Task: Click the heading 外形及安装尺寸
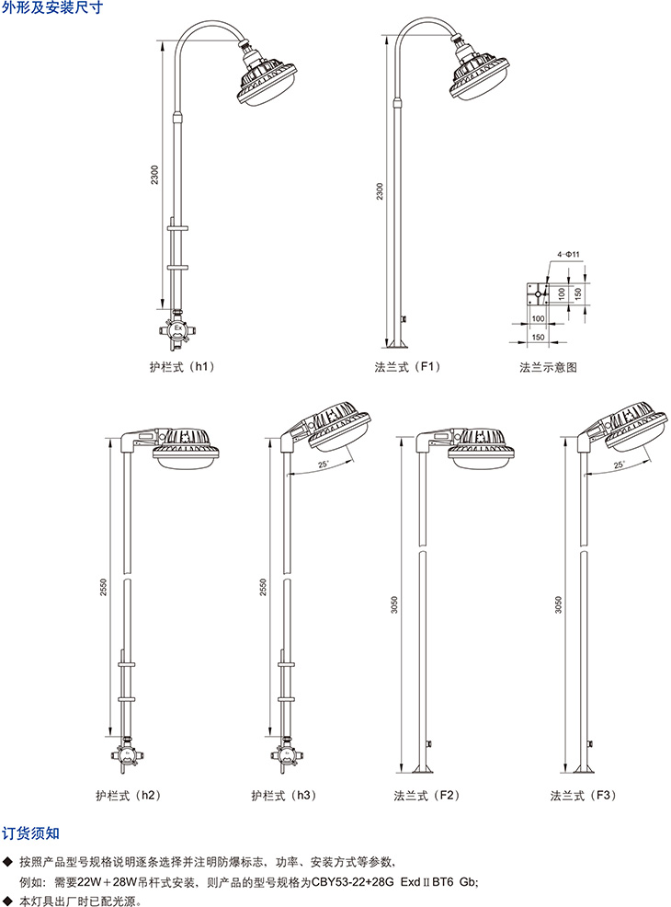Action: (52, 7)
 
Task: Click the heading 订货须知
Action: (30, 833)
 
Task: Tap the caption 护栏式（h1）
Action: (182, 367)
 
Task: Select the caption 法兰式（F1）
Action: (407, 367)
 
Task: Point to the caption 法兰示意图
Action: (548, 367)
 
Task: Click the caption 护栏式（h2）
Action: (129, 796)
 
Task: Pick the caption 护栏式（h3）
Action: (284, 796)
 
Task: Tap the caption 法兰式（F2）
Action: (427, 796)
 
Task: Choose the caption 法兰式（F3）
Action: (583, 796)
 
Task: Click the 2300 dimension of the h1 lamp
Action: (154, 175)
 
